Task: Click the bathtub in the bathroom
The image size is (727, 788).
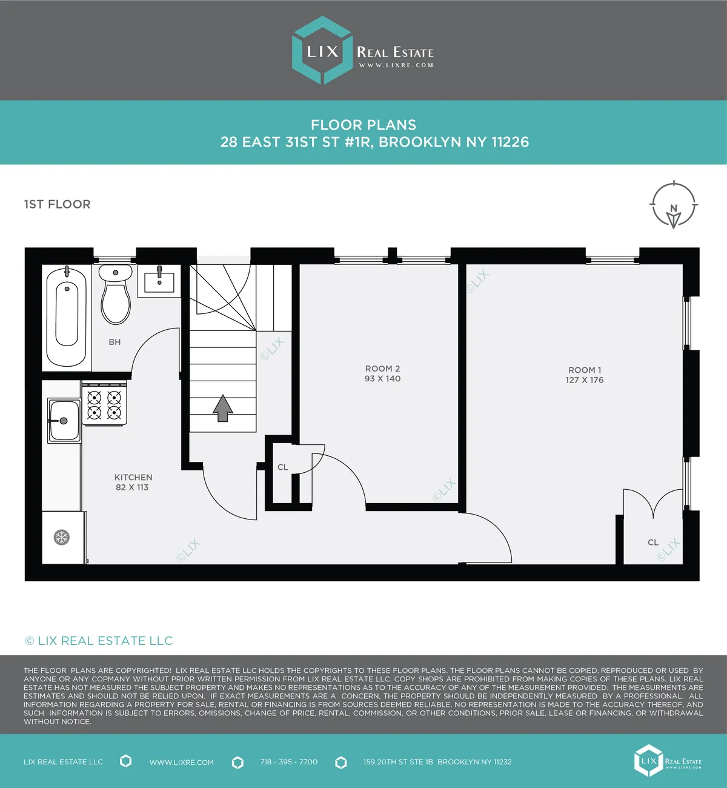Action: tap(67, 316)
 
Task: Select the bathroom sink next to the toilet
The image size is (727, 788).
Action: tap(159, 281)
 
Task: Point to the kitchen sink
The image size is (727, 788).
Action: tap(64, 420)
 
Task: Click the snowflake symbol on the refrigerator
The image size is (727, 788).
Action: tap(62, 537)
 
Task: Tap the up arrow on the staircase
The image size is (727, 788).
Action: tap(223, 408)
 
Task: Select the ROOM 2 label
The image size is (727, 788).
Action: tap(382, 369)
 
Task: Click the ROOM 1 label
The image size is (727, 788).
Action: tap(585, 370)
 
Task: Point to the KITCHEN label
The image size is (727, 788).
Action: tap(133, 477)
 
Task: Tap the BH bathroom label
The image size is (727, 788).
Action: tap(115, 342)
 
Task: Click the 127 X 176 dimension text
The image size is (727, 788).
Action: tap(585, 380)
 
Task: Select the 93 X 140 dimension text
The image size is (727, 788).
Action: tap(382, 379)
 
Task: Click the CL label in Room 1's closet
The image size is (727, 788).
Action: tap(653, 543)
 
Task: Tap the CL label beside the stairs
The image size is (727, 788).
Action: tap(283, 467)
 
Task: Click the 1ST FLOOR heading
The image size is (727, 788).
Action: tap(57, 204)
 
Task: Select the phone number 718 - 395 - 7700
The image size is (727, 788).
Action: tap(289, 762)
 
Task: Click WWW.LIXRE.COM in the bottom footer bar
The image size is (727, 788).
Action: tap(182, 763)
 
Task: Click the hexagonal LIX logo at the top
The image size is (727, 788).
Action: tap(322, 50)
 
